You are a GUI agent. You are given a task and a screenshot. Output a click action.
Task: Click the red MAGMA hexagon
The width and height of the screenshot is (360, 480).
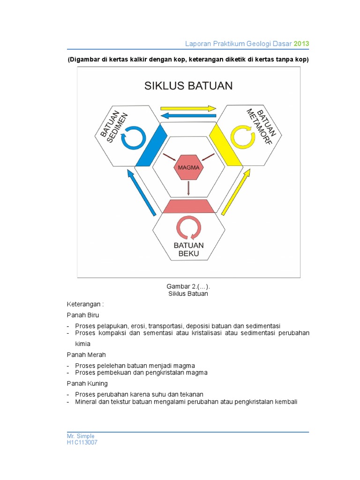188,168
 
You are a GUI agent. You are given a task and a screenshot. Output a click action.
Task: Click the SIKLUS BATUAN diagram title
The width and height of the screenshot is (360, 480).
188,86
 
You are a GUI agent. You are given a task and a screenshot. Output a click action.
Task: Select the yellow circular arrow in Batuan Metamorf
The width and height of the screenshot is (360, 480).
243,136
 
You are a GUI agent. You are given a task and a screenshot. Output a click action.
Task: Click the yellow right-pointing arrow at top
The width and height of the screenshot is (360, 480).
187,107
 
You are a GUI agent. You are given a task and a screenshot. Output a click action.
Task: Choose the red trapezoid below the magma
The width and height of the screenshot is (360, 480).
188,206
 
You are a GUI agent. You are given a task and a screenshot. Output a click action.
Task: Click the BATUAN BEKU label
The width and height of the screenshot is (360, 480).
188,249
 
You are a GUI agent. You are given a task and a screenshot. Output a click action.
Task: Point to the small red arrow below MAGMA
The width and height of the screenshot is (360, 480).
188,188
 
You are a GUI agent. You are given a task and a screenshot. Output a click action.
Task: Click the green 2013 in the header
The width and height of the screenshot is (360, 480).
301,44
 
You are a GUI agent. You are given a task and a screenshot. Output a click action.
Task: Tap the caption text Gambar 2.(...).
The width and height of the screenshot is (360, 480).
188,286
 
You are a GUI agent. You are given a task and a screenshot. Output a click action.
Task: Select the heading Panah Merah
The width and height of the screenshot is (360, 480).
82,354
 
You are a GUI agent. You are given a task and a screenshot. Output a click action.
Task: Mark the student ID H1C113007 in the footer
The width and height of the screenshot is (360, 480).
82,442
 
